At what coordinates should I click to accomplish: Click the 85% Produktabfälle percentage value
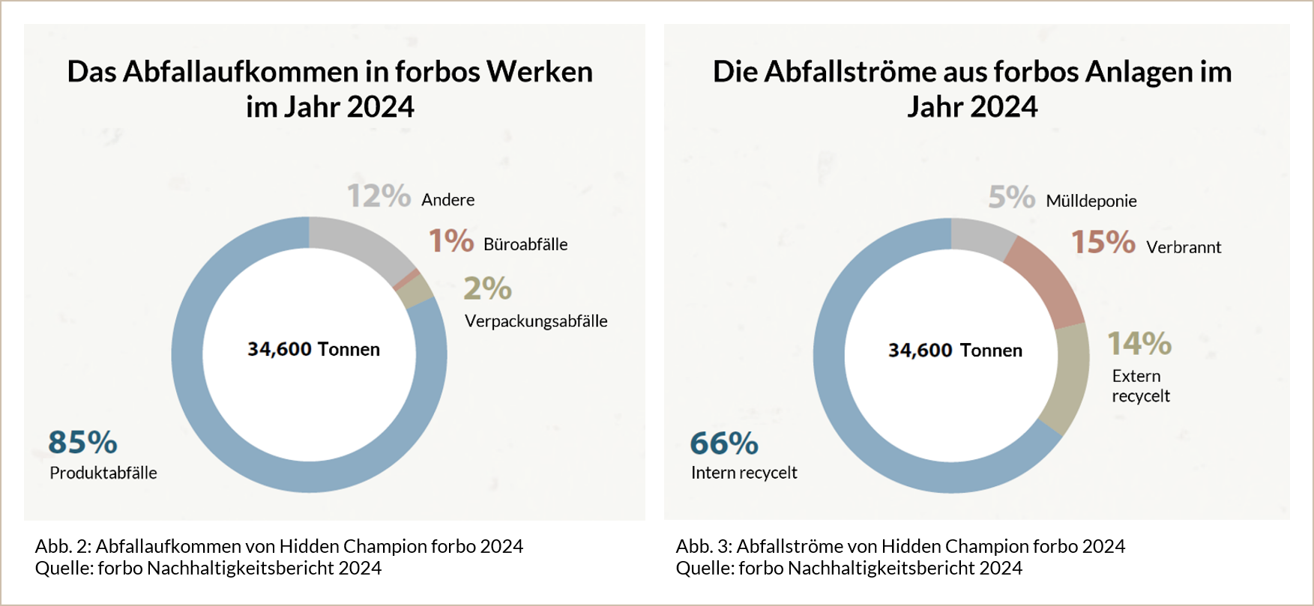pyautogui.click(x=82, y=442)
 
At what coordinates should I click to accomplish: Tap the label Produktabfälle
pyautogui.click(x=103, y=473)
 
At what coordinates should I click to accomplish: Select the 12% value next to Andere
pyautogui.click(x=379, y=196)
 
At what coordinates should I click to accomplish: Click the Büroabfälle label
pyautogui.click(x=525, y=244)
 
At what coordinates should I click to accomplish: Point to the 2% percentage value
pyautogui.click(x=487, y=288)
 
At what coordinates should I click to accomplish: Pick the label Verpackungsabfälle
pyautogui.click(x=536, y=321)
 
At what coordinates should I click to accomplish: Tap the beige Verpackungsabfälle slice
pyautogui.click(x=417, y=291)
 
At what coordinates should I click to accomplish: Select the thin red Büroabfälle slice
pyautogui.click(x=406, y=278)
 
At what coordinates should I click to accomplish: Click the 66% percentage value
pyautogui.click(x=724, y=443)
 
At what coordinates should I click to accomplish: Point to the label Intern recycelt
pyautogui.click(x=744, y=473)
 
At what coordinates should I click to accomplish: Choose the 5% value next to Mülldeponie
pyautogui.click(x=1011, y=198)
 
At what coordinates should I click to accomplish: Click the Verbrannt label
pyautogui.click(x=1184, y=247)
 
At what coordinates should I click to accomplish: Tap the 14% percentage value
pyautogui.click(x=1139, y=344)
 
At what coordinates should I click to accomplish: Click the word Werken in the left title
pyautogui.click(x=540, y=72)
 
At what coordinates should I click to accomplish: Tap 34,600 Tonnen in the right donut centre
pyautogui.click(x=955, y=351)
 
